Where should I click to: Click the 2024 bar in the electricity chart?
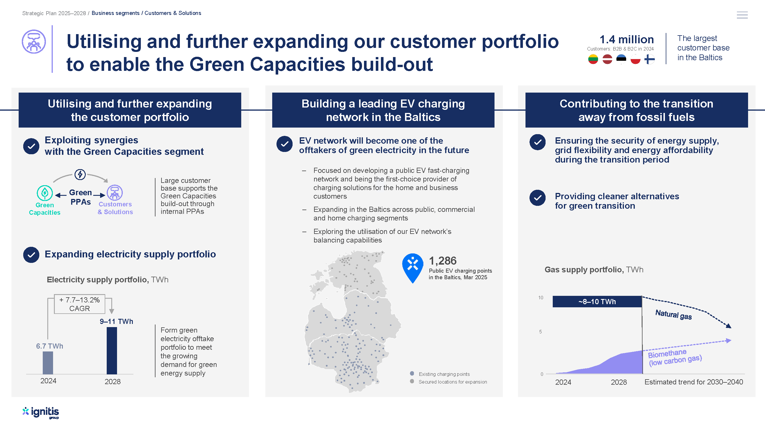click(48, 363)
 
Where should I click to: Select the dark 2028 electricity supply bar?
click(112, 351)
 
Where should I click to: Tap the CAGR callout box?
click(79, 304)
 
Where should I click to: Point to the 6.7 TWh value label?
click(50, 346)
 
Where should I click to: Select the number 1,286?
click(443, 261)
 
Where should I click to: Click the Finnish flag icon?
click(649, 59)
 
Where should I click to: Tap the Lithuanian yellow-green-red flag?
click(593, 59)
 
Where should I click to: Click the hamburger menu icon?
click(742, 15)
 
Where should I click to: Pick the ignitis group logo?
click(41, 413)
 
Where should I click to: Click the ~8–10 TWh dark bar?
click(597, 302)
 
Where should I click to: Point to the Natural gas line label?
click(673, 314)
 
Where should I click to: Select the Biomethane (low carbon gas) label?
click(675, 357)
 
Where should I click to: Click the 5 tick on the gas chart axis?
click(540, 331)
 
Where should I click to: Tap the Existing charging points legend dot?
click(412, 373)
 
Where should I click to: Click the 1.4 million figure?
click(627, 39)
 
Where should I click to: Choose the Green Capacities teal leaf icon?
click(44, 193)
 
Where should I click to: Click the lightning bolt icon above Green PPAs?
click(80, 174)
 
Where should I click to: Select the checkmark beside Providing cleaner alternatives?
click(538, 198)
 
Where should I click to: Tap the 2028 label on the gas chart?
click(619, 382)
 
